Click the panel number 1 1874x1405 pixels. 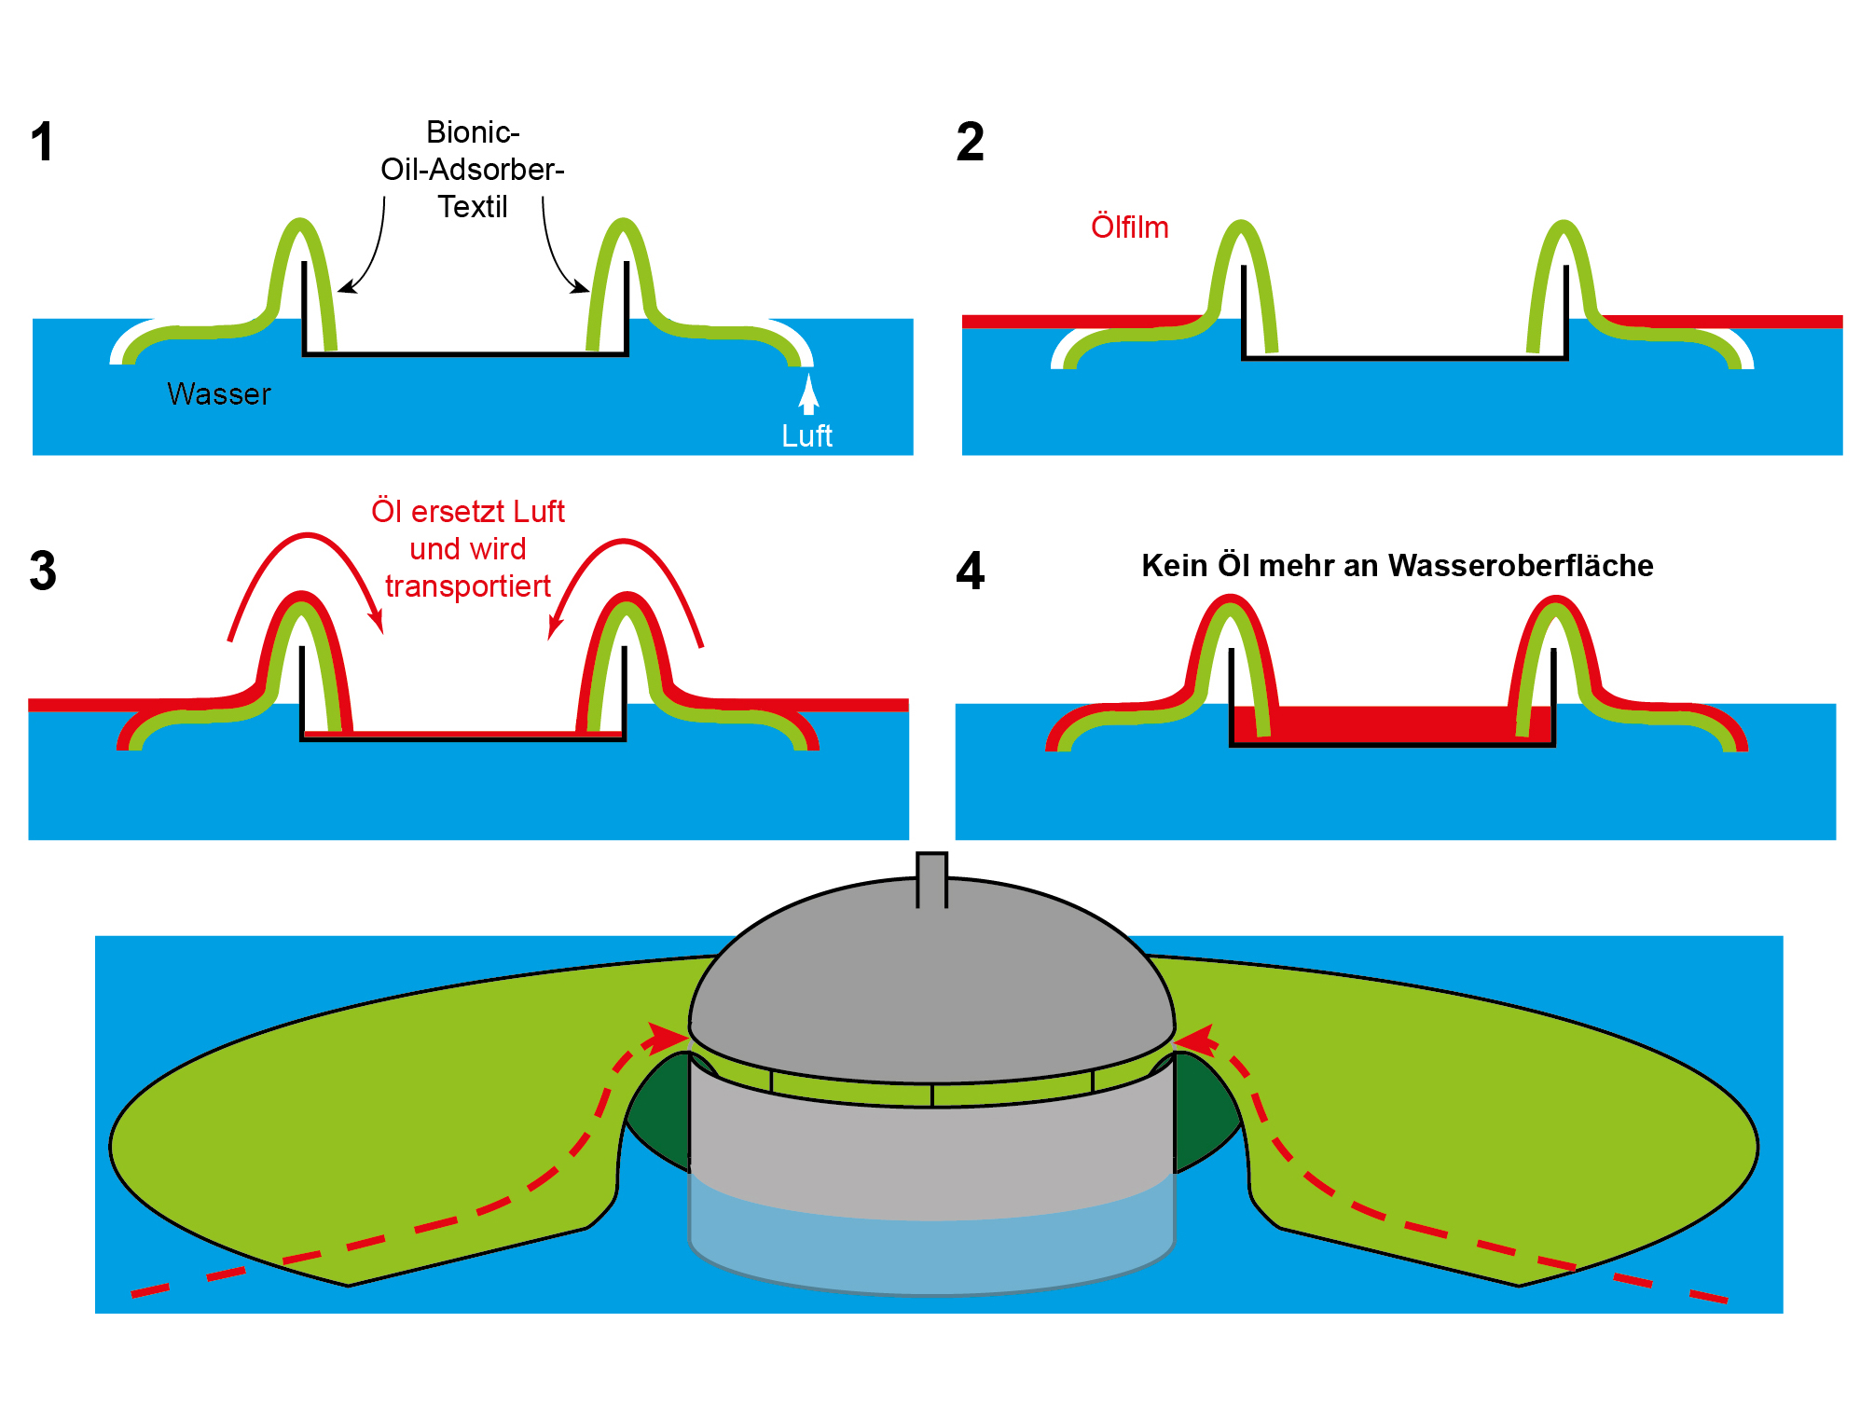[42, 143]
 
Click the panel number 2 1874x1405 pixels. [970, 143]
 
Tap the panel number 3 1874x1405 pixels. [43, 571]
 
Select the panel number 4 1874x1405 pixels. [970, 571]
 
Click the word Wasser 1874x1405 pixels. [219, 394]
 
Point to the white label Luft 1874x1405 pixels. [806, 436]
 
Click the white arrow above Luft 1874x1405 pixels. [808, 393]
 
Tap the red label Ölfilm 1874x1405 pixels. [1129, 227]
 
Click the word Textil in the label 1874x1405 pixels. [473, 207]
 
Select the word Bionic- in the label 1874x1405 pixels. [473, 132]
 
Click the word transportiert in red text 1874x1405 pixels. [468, 586]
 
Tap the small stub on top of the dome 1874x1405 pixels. [931, 878]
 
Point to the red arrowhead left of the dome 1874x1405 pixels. [669, 1037]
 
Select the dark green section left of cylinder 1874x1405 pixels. [657, 1114]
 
